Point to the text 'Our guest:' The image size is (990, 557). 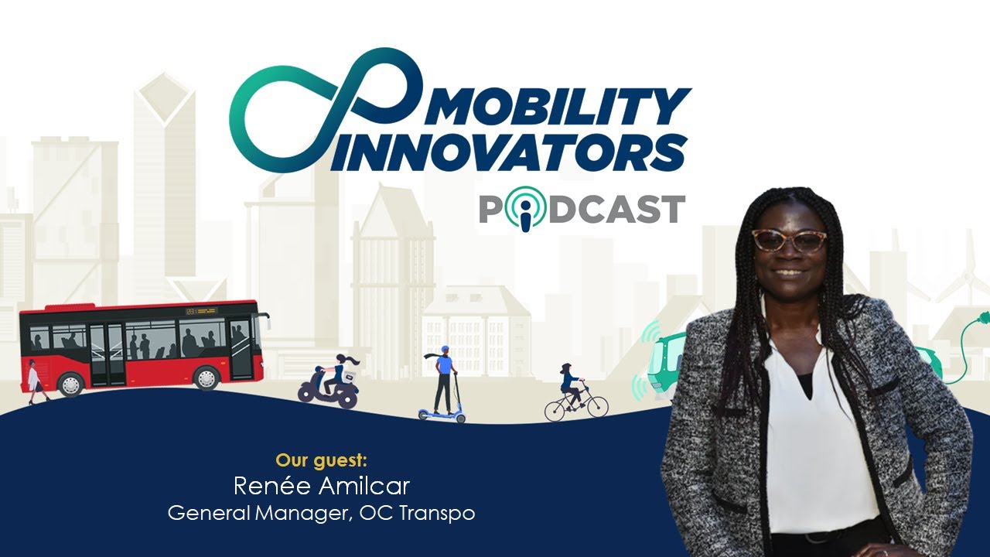pos(321,460)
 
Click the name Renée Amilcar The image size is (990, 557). pos(321,486)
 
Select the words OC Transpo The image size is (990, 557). pos(417,513)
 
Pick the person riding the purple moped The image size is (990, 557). pos(338,373)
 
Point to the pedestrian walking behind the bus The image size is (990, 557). pos(34,381)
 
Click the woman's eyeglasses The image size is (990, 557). pos(789,241)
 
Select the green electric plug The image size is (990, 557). pos(981,319)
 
